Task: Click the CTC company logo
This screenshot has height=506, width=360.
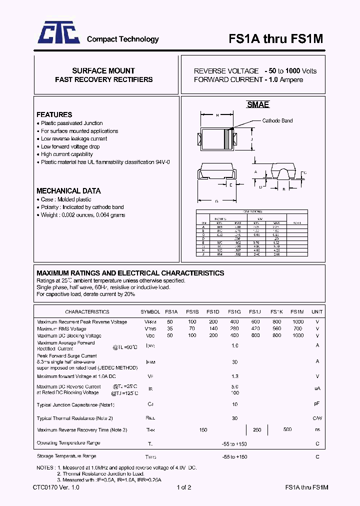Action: (59, 34)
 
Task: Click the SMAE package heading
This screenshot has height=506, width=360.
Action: (258, 104)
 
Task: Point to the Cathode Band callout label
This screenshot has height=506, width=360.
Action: (277, 120)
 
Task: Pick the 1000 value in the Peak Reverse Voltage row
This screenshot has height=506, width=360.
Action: (298, 322)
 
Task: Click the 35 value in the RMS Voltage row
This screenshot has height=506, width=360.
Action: (170, 329)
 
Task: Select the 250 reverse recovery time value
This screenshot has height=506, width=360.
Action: (257, 430)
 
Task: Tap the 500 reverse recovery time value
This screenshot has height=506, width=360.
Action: (287, 430)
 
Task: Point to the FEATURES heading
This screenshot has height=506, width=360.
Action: (54, 114)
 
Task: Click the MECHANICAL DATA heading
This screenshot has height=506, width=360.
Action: (68, 190)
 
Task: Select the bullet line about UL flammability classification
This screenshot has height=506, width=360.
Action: (105, 162)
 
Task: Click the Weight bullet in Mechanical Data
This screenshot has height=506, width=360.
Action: (82, 215)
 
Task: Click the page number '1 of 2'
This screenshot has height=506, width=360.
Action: (183, 487)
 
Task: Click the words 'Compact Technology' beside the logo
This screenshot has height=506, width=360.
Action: (122, 39)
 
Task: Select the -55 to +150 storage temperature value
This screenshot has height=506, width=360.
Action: (234, 457)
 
